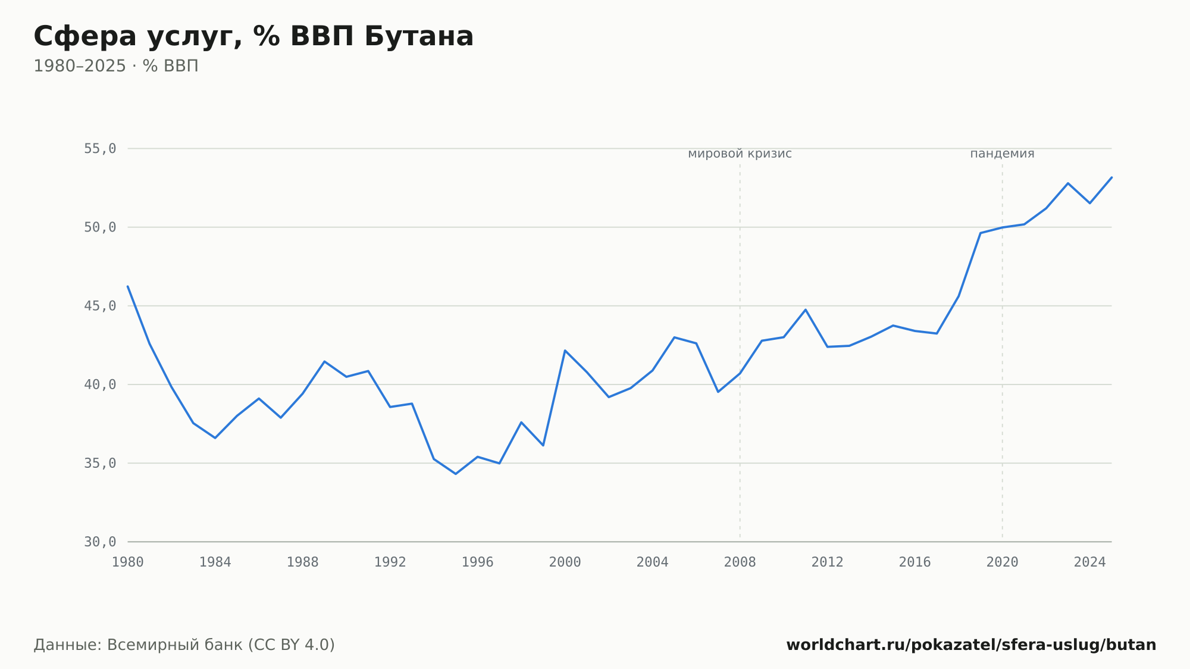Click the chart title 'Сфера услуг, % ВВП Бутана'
click(x=253, y=36)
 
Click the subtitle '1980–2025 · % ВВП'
click(x=116, y=66)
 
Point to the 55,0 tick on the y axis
click(x=100, y=149)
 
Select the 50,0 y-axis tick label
click(x=100, y=227)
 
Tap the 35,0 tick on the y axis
click(x=100, y=463)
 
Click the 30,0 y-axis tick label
click(x=100, y=542)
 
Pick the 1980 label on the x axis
click(x=128, y=562)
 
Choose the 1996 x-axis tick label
click(x=478, y=562)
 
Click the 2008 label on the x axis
click(x=740, y=562)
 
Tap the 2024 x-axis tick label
click(x=1090, y=562)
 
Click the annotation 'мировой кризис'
click(x=740, y=154)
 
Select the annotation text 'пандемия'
click(x=1003, y=154)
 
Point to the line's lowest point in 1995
click(x=456, y=474)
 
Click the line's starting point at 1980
click(x=128, y=286)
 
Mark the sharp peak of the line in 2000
click(x=565, y=351)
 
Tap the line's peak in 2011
click(x=806, y=310)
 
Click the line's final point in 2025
click(x=1111, y=177)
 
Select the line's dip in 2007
click(x=718, y=392)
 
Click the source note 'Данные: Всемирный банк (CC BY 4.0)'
click(x=184, y=645)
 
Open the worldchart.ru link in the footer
click(x=971, y=645)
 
